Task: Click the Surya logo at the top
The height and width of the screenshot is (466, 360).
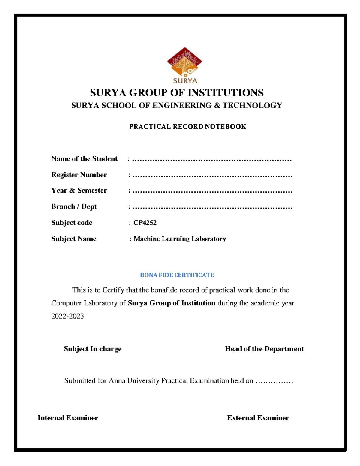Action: coord(184,65)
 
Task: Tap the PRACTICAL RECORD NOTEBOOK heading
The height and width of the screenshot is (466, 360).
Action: coord(187,127)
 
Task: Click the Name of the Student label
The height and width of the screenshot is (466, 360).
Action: coord(84,159)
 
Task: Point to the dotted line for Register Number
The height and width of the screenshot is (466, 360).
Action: coord(212,175)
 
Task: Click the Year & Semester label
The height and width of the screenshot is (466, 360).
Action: coord(79,191)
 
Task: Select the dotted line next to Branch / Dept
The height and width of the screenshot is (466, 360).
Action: coord(212,207)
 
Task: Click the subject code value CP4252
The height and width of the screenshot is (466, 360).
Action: coord(145,223)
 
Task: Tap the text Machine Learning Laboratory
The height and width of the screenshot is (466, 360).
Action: coord(180,239)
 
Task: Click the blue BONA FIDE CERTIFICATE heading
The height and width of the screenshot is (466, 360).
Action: coord(177,275)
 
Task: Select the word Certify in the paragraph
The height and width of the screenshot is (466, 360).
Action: coord(113,290)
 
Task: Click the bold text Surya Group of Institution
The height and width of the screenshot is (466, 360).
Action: coord(171,303)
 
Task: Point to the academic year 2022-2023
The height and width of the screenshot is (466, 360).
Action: coord(67,316)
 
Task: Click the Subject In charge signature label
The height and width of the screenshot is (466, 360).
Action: coord(92,349)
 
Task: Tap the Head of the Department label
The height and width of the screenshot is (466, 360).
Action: coord(264,349)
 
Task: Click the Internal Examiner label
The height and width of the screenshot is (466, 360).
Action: coord(68,418)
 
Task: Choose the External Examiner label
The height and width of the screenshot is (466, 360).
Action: coord(258,418)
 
